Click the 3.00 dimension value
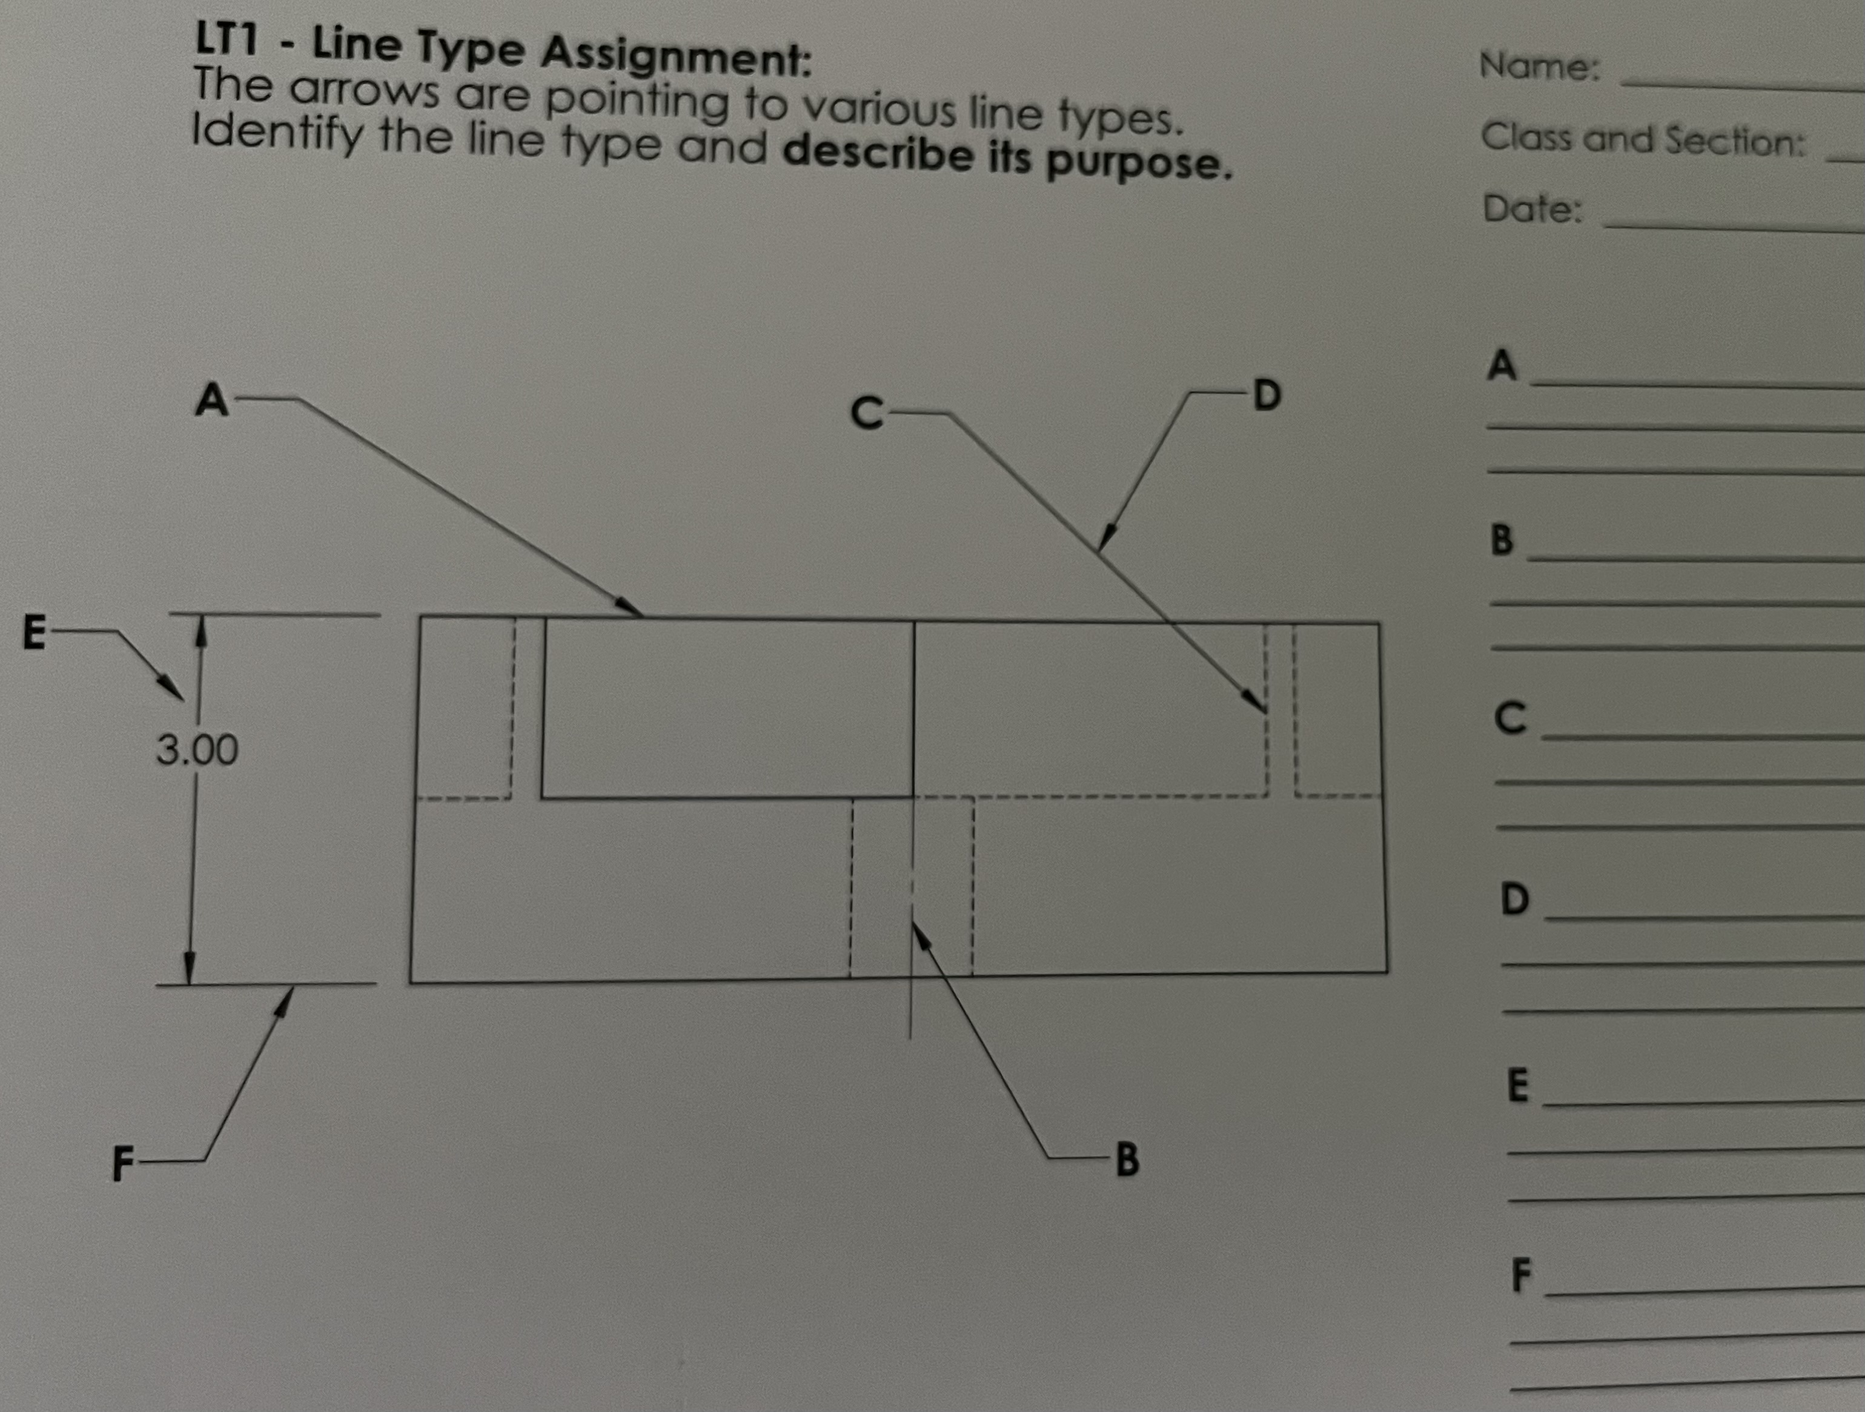(x=196, y=749)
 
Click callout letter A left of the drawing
(x=211, y=400)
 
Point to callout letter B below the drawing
(x=1127, y=1160)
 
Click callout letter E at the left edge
(x=34, y=632)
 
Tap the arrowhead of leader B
(x=921, y=933)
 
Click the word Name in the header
(x=1539, y=66)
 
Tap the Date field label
(x=1532, y=208)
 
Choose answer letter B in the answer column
(x=1502, y=540)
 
